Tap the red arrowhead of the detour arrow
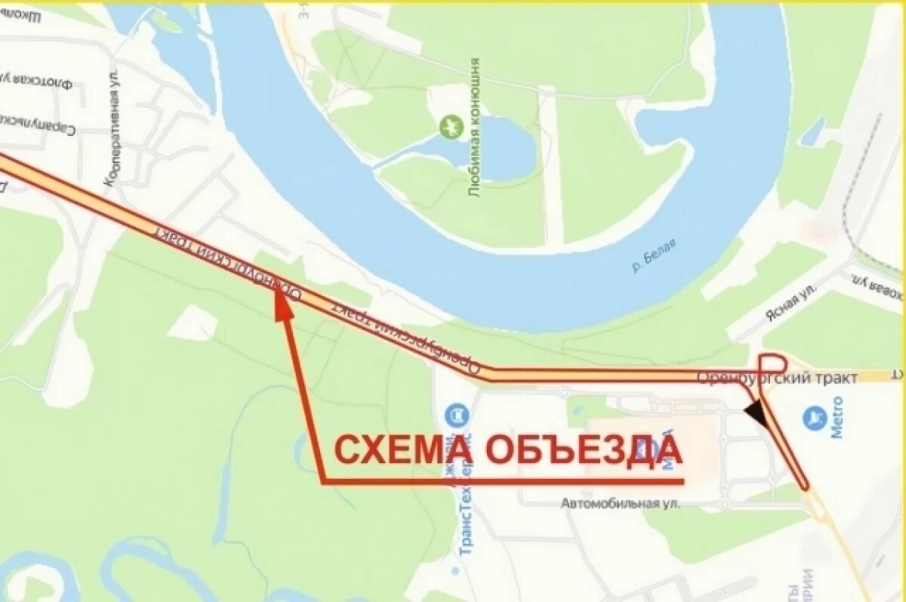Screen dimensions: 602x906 tap(282, 301)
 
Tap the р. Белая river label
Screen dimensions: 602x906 tap(654, 255)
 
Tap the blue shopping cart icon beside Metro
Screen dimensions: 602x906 tap(815, 417)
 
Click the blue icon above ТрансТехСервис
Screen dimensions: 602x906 tap(457, 415)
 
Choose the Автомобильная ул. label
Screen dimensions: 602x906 tap(621, 503)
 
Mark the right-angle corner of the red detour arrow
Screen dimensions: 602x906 tap(323, 481)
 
